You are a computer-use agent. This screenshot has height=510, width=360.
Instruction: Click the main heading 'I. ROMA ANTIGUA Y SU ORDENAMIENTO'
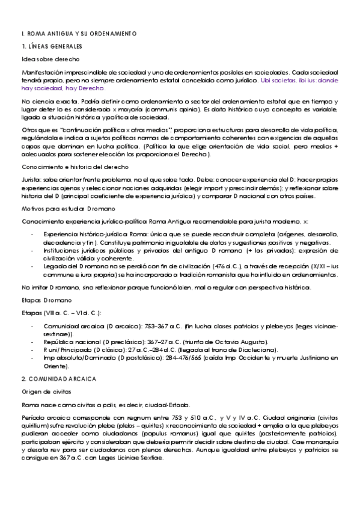pos(79,33)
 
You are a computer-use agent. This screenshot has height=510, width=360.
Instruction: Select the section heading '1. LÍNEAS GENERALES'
pos(52,46)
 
